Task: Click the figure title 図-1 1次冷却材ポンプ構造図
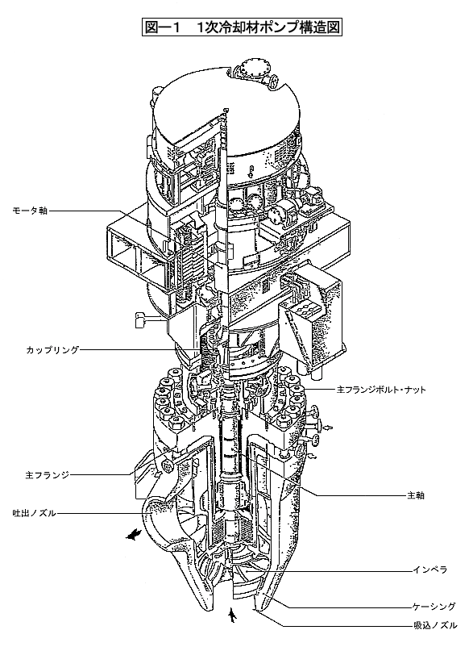pyautogui.click(x=242, y=27)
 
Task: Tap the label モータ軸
pyautogui.click(x=30, y=211)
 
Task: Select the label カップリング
pyautogui.click(x=52, y=350)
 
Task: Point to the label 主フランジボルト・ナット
pyautogui.click(x=380, y=390)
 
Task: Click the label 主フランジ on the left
pyautogui.click(x=48, y=475)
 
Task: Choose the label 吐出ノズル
pyautogui.click(x=35, y=514)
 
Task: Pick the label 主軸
pyautogui.click(x=416, y=495)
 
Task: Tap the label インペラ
pyautogui.click(x=429, y=570)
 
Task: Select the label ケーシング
pyautogui.click(x=434, y=607)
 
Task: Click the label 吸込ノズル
pyautogui.click(x=435, y=625)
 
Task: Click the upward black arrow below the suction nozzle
pyautogui.click(x=233, y=616)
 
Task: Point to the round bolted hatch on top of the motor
pyautogui.click(x=252, y=68)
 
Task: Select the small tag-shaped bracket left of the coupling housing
pyautogui.click(x=140, y=319)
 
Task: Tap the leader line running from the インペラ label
pyautogui.click(x=327, y=571)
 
